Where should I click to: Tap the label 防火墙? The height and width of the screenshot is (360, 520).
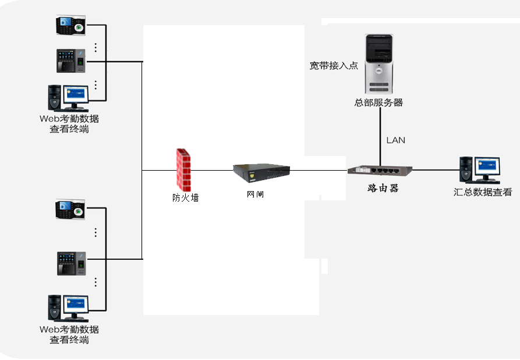pyautogui.click(x=185, y=197)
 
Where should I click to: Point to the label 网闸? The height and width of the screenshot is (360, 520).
pyautogui.click(x=255, y=194)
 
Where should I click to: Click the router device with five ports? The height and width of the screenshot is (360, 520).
pyautogui.click(x=380, y=171)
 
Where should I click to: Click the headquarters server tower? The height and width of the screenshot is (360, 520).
pyautogui.click(x=380, y=64)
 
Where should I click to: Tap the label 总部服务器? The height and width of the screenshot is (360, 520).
pyautogui.click(x=378, y=103)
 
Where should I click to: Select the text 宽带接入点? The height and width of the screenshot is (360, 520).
pyautogui.click(x=334, y=66)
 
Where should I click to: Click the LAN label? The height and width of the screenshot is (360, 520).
pyautogui.click(x=396, y=140)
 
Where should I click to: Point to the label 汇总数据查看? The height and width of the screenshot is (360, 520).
pyautogui.click(x=483, y=192)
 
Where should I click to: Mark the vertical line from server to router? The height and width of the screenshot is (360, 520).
pyautogui.click(x=380, y=134)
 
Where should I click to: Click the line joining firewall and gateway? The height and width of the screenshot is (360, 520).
pyautogui.click(x=212, y=171)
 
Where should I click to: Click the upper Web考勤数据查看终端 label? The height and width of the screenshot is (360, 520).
pyautogui.click(x=69, y=123)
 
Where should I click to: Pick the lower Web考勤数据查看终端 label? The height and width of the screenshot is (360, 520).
pyautogui.click(x=69, y=334)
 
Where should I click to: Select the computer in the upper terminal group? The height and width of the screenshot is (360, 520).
pyautogui.click(x=69, y=98)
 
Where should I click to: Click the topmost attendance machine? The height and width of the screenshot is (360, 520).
pyautogui.click(x=70, y=26)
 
